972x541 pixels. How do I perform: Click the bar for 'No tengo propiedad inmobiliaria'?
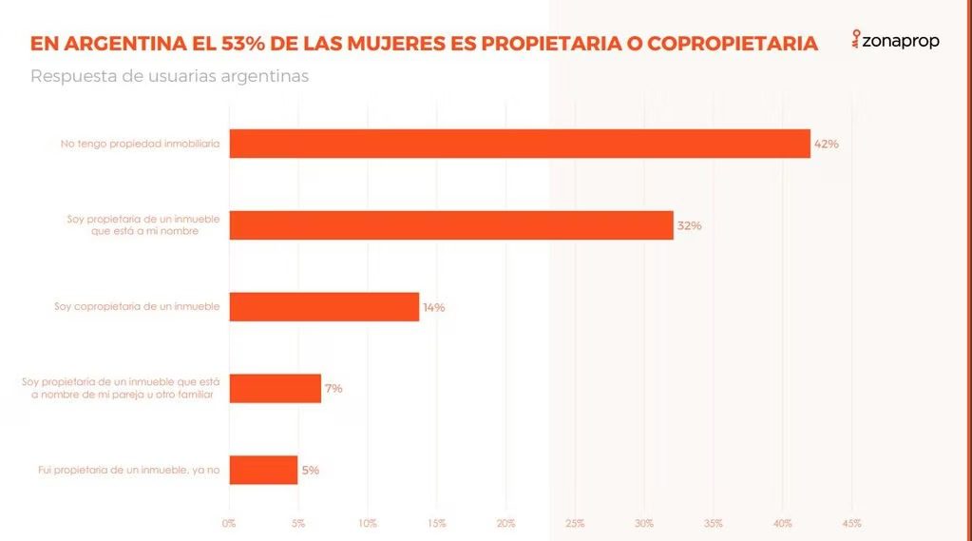point(519,144)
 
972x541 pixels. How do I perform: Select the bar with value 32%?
point(450,225)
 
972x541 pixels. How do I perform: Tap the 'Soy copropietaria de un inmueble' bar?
point(324,307)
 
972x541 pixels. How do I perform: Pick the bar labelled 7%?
point(275,388)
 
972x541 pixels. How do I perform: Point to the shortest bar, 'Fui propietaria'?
point(263,470)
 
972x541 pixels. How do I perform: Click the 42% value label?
point(826,145)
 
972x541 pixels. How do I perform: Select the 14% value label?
point(433,308)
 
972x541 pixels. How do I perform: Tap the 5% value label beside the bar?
point(311,470)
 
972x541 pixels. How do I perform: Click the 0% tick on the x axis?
point(229,523)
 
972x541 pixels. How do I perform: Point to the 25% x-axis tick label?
point(575,523)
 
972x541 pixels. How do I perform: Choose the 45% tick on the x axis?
point(851,523)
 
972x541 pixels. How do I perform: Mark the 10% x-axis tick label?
point(368,523)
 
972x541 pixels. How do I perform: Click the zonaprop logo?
point(896,41)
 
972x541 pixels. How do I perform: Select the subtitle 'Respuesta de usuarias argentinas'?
point(169,76)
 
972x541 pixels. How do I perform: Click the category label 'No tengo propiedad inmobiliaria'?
point(140,145)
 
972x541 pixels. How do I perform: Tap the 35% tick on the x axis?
point(714,523)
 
